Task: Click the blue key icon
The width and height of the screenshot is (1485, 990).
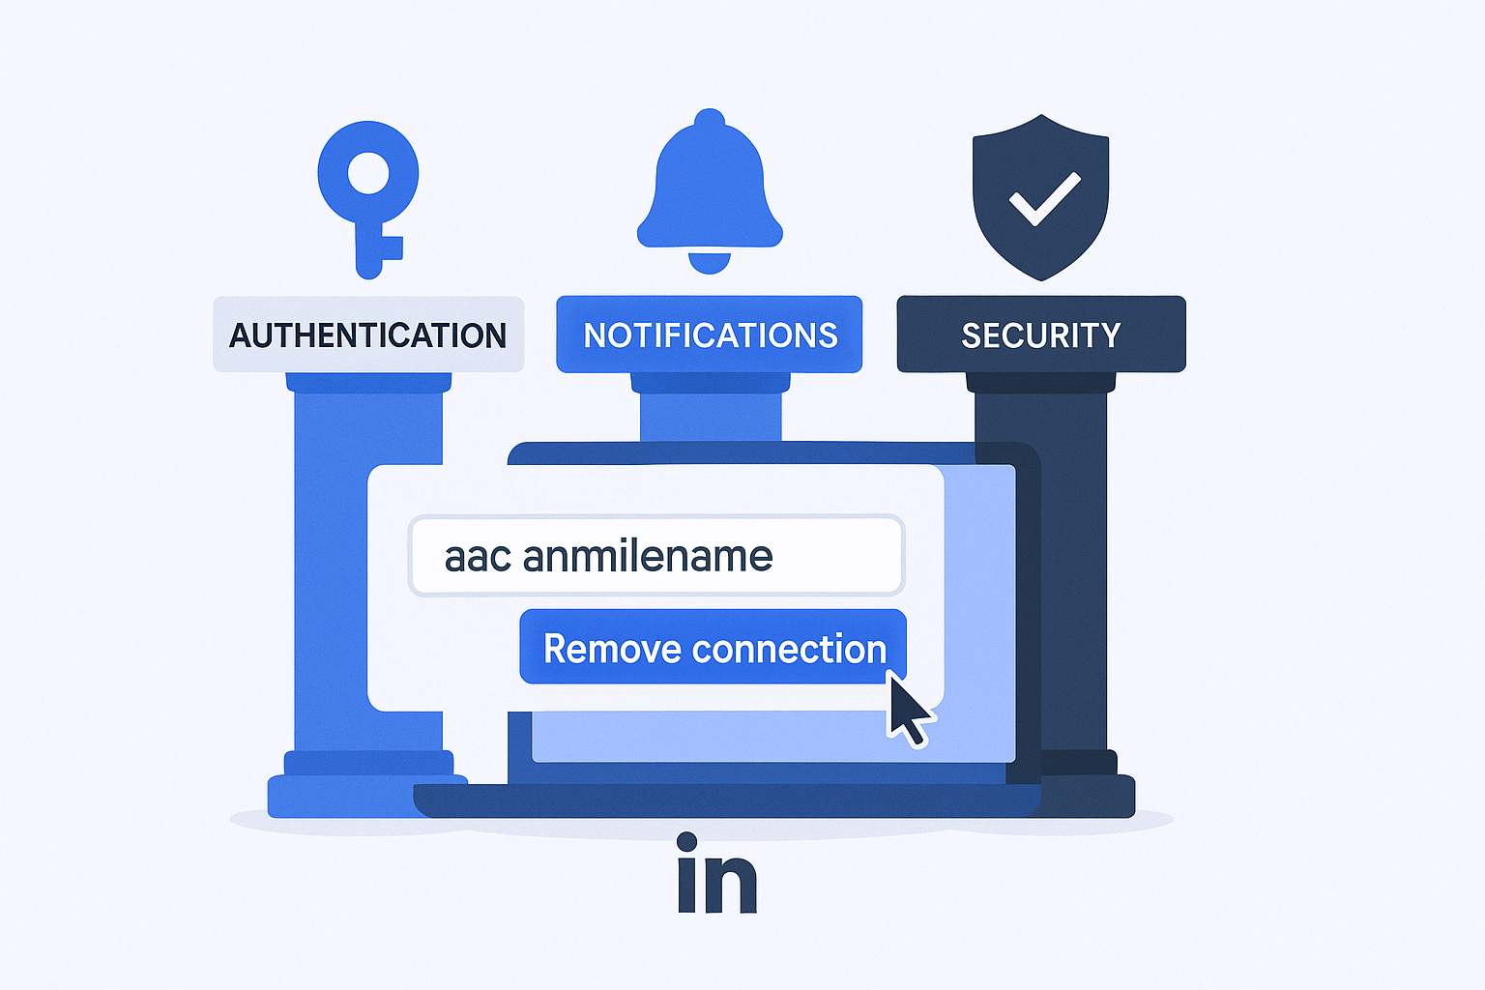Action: point(368,198)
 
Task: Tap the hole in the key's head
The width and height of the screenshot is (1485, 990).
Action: point(368,176)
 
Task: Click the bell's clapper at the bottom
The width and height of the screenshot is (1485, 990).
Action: point(710,262)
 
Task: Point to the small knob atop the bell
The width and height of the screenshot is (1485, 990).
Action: point(710,119)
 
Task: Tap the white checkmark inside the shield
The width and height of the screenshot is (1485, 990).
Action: point(1044,198)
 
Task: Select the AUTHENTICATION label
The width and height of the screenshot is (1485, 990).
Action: point(368,335)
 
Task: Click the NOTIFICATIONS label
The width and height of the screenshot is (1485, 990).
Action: point(710,335)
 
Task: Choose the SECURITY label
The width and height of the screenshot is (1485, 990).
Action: point(1040,335)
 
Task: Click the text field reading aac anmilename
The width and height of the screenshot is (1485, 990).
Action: point(656,556)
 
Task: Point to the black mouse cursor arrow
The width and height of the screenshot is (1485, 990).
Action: point(907,709)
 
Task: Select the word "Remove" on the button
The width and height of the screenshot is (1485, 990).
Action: point(599,649)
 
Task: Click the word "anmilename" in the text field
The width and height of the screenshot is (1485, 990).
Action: point(648,557)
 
